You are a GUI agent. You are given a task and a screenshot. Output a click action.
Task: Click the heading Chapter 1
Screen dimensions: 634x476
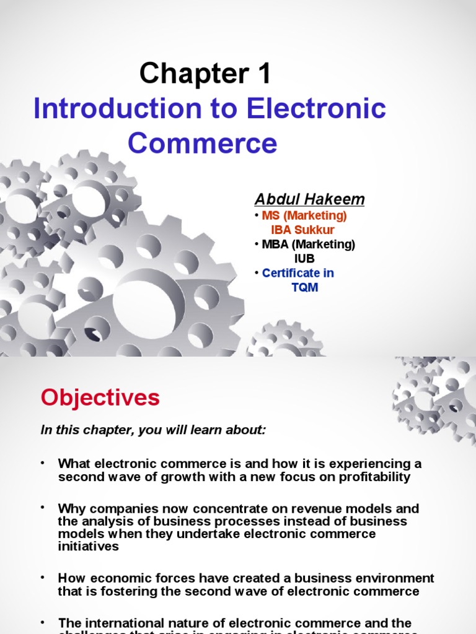coord(205,75)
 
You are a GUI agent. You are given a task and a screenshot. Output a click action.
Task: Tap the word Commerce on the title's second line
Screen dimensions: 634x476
coord(203,143)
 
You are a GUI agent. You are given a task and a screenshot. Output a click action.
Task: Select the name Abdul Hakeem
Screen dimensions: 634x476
coord(309,199)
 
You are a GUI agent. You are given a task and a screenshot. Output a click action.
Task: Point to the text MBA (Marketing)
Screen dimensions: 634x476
coord(308,245)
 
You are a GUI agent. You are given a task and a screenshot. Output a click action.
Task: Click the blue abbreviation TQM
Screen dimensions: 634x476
coord(304,288)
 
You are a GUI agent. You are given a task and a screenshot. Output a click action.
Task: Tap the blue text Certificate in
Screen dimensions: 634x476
coord(297,273)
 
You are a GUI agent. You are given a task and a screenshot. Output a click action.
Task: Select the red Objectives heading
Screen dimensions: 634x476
coord(100,397)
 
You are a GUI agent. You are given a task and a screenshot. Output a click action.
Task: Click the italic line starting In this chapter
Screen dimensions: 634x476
coord(153,430)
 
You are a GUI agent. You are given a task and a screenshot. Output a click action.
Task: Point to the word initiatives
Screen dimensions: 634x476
coord(89,547)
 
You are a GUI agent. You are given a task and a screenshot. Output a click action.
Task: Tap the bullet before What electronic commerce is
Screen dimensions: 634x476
coord(43,462)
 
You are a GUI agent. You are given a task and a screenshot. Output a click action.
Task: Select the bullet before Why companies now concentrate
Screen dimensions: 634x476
coord(43,507)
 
